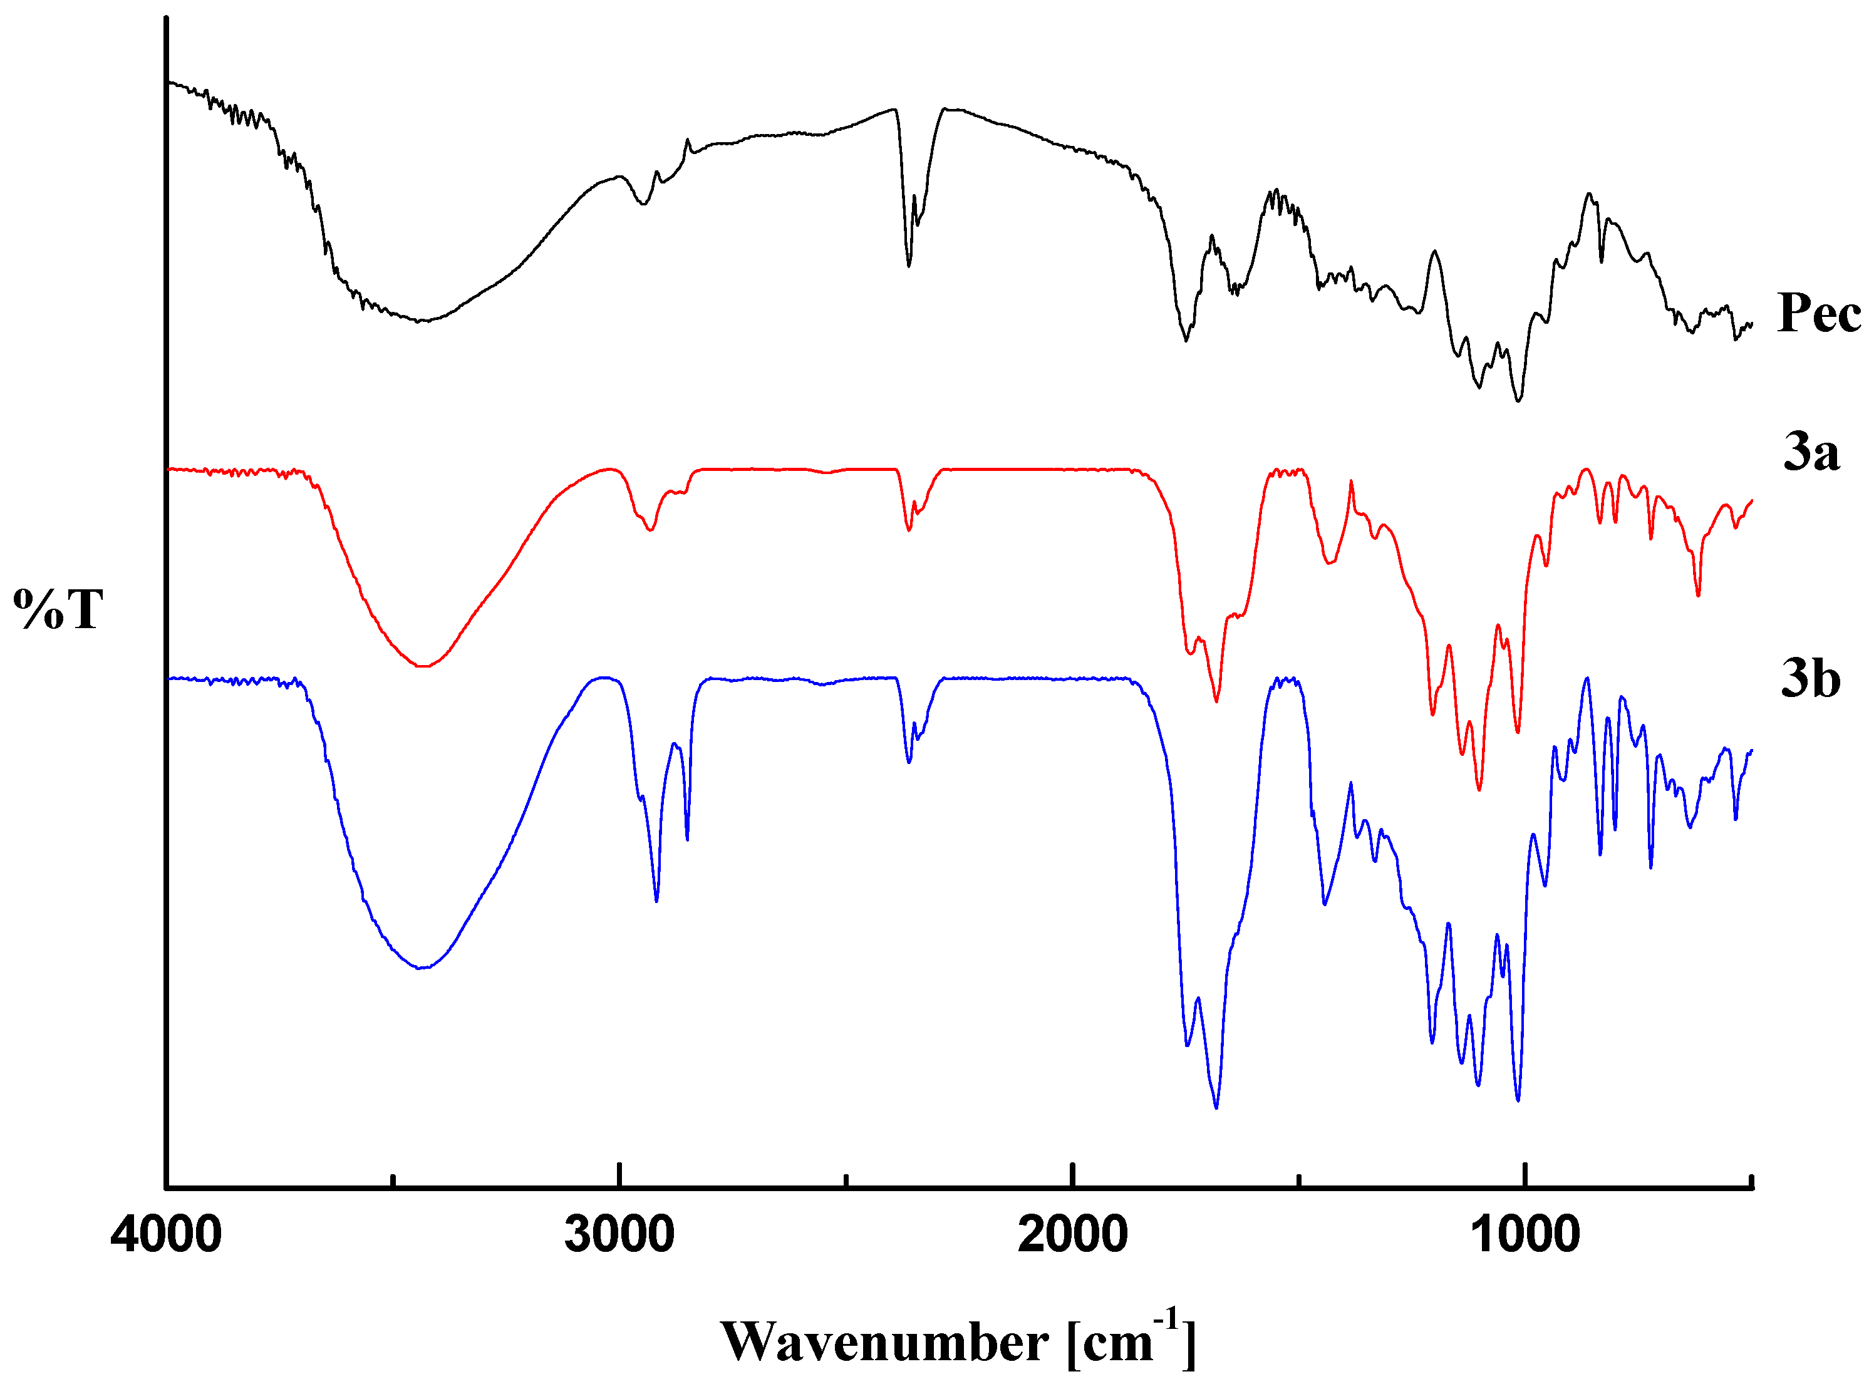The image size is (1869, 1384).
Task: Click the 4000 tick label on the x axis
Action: [x=166, y=1236]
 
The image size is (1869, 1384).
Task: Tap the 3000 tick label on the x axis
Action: [x=619, y=1236]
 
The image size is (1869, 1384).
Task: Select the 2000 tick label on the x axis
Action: [x=1072, y=1236]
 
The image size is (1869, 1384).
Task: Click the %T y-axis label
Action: [x=58, y=609]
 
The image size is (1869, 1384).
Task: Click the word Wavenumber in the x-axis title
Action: [x=884, y=1343]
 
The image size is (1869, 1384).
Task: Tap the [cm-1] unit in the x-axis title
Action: [x=1131, y=1339]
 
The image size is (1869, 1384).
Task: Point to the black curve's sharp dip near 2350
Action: [x=909, y=266]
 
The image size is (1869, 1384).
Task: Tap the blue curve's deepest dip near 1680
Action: [x=1216, y=1108]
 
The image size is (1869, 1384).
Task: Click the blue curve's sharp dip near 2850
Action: [x=687, y=839]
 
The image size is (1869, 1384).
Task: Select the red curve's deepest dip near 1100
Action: [x=1479, y=789]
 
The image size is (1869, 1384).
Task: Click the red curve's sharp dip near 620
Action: [x=1698, y=596]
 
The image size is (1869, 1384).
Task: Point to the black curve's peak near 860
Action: [x=1588, y=194]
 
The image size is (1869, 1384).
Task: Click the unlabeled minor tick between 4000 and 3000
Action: [x=393, y=1181]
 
